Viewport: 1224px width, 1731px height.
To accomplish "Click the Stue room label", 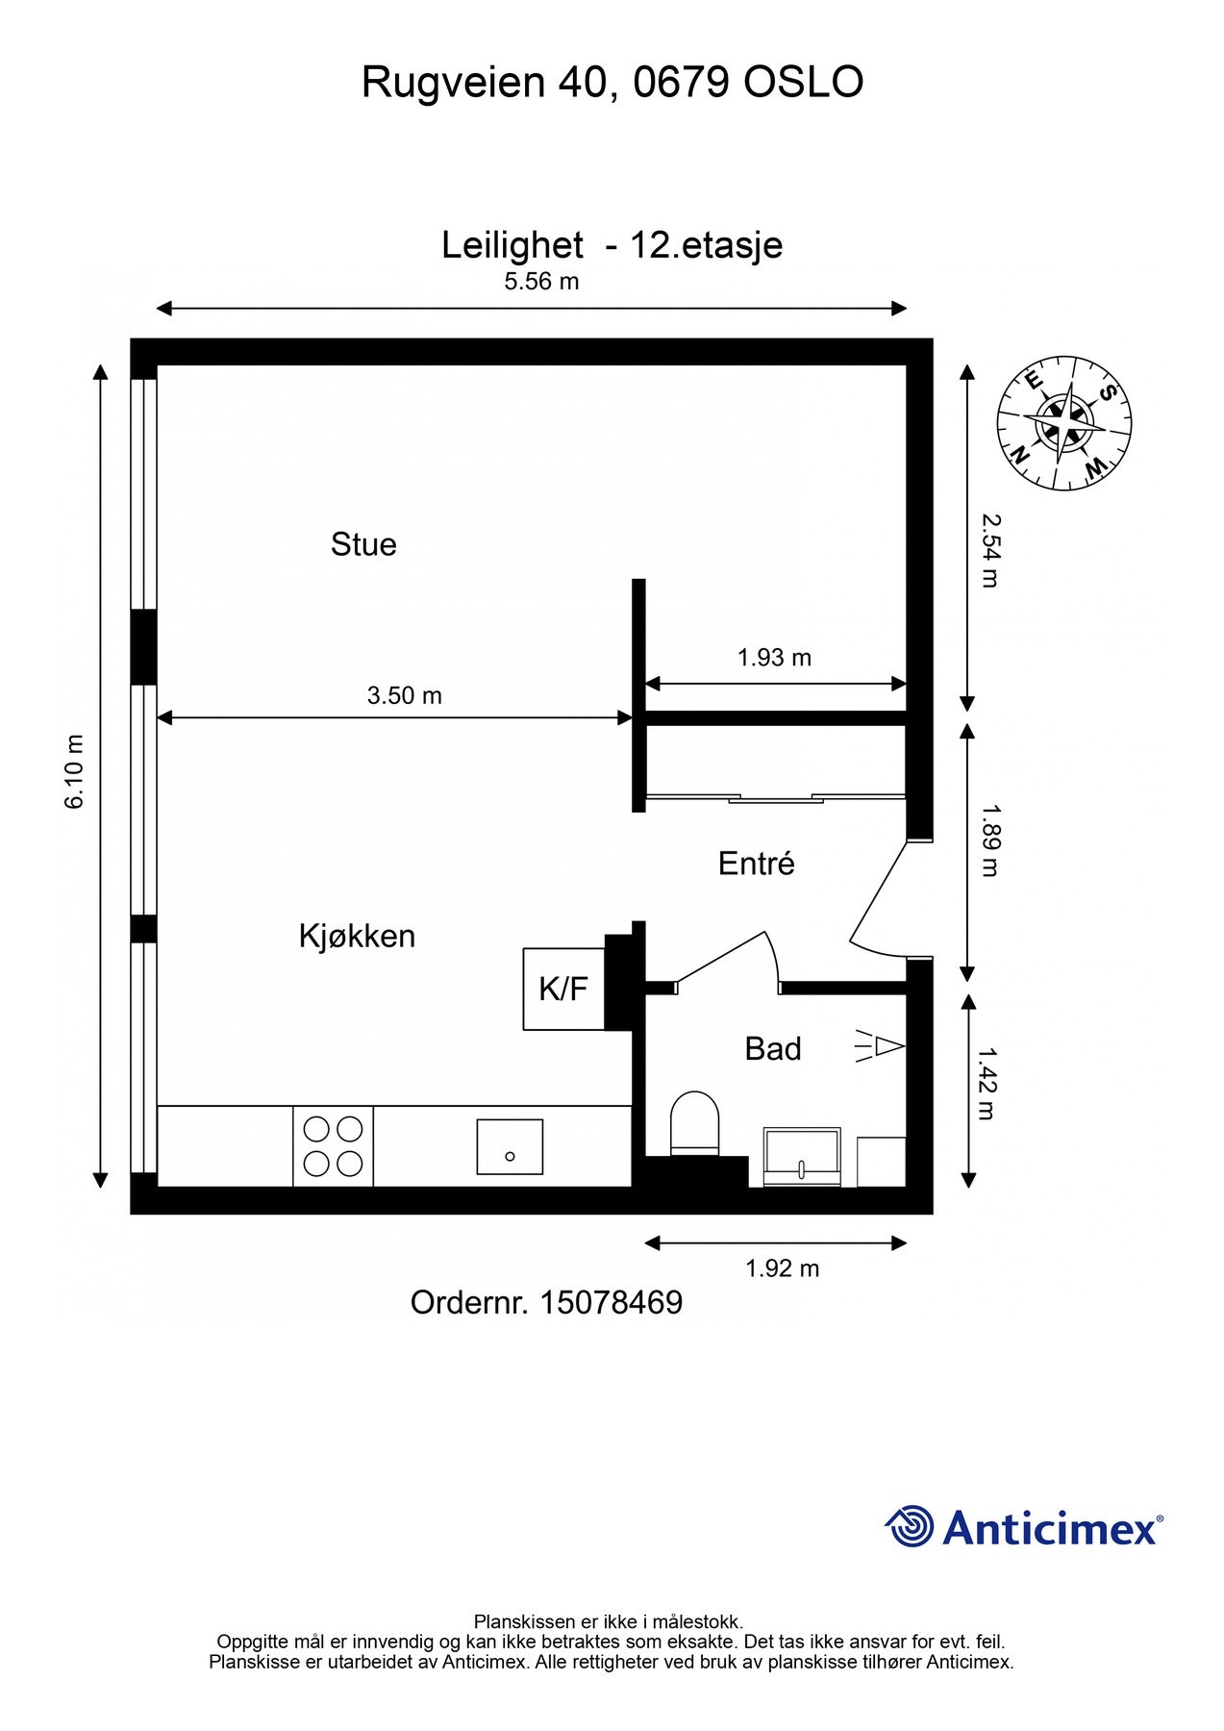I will pos(363,544).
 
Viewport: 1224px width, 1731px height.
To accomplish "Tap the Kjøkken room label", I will pos(357,936).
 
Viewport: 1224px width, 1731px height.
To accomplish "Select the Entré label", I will pos(756,864).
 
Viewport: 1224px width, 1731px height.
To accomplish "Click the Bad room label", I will pos(772,1048).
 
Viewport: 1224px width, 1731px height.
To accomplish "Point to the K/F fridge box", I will pos(563,989).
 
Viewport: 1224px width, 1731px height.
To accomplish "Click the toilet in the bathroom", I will pos(694,1122).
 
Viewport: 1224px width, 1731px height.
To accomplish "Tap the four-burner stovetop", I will pos(333,1145).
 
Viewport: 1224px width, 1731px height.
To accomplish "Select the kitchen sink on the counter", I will pos(510,1146).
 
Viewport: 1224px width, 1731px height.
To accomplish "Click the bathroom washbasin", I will pos(802,1156).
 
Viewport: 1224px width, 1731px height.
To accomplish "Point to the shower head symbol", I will pos(881,1045).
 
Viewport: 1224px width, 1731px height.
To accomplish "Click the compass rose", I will pos(1063,422).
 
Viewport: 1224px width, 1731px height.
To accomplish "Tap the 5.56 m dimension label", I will pos(541,282).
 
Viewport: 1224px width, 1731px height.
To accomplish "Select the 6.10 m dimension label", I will pos(75,771).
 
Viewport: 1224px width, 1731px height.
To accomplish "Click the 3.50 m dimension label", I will pos(404,695).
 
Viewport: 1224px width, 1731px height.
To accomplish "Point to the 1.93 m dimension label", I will pos(774,658).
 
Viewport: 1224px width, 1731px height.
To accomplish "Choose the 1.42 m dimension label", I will pos(987,1084).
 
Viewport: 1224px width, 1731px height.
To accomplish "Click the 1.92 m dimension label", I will pos(782,1268).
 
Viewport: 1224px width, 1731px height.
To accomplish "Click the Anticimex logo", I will pos(1023,1527).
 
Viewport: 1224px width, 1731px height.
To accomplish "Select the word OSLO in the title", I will pos(803,83).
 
